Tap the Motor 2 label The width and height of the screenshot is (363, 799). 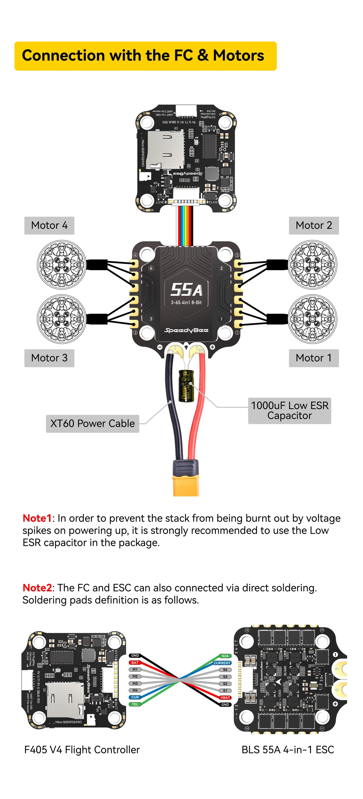314,226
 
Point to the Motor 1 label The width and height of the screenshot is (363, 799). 314,358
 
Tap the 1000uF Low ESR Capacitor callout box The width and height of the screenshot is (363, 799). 289,411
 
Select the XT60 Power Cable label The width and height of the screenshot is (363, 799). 92,424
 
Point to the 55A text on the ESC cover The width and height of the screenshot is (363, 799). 186,290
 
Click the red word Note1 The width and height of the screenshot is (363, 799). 37,518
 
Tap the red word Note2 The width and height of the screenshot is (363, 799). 37,588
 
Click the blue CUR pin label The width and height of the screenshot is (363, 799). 135,697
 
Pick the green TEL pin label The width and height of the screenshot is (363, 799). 135,704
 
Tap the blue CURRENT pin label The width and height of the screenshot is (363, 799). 222,663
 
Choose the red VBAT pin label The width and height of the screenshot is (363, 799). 225,698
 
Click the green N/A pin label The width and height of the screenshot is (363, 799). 225,656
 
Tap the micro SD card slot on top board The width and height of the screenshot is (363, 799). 165,149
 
